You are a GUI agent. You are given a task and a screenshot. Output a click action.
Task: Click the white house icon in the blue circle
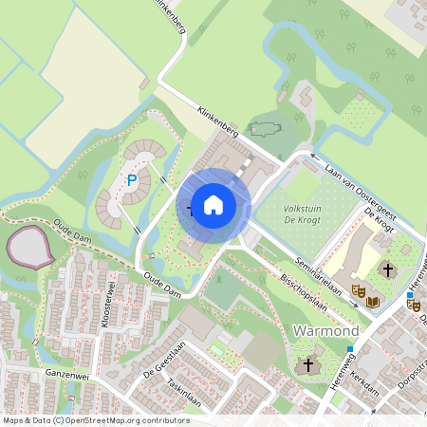click(213, 204)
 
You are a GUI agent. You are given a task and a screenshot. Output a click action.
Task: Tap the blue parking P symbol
click(132, 179)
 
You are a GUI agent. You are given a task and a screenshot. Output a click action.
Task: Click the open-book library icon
click(374, 302)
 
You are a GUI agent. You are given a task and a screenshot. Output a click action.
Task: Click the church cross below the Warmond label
click(307, 365)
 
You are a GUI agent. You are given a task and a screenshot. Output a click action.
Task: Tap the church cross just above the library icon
click(387, 270)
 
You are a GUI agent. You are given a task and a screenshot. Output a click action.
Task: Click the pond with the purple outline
click(28, 247)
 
